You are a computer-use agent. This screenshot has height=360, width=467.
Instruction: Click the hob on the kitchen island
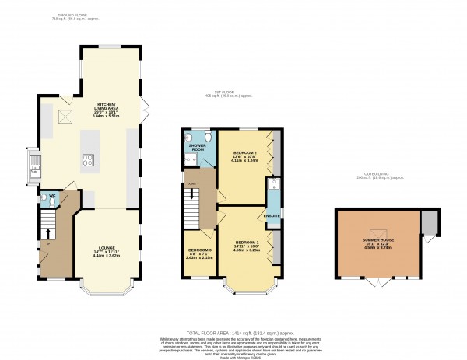[x=88, y=162]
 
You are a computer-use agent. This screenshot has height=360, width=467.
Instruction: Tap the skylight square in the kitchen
[x=67, y=117]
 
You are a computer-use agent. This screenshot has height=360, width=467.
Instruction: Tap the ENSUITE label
[x=272, y=215]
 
